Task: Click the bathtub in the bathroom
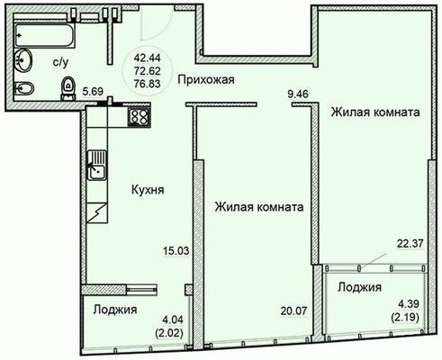pos(44,36)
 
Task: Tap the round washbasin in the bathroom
pos(23,60)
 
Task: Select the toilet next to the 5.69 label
pos(68,88)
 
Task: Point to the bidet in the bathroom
pos(24,88)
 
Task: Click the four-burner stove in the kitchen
pos(139,117)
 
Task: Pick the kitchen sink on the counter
pos(97,165)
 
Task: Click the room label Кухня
pos(148,190)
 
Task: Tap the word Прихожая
pos(206,80)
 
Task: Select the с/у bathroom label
pos(60,62)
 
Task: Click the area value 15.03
pos(176,250)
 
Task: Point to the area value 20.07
pos(294,310)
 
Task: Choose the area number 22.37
pos(410,244)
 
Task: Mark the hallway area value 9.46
pos(298,94)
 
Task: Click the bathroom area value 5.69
pos(93,91)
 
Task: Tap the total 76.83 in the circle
pos(148,84)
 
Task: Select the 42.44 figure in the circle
pos(148,57)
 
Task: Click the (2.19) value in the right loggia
pos(405,317)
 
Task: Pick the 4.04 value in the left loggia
pos(173,319)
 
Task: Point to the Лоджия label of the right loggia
pos(359,287)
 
